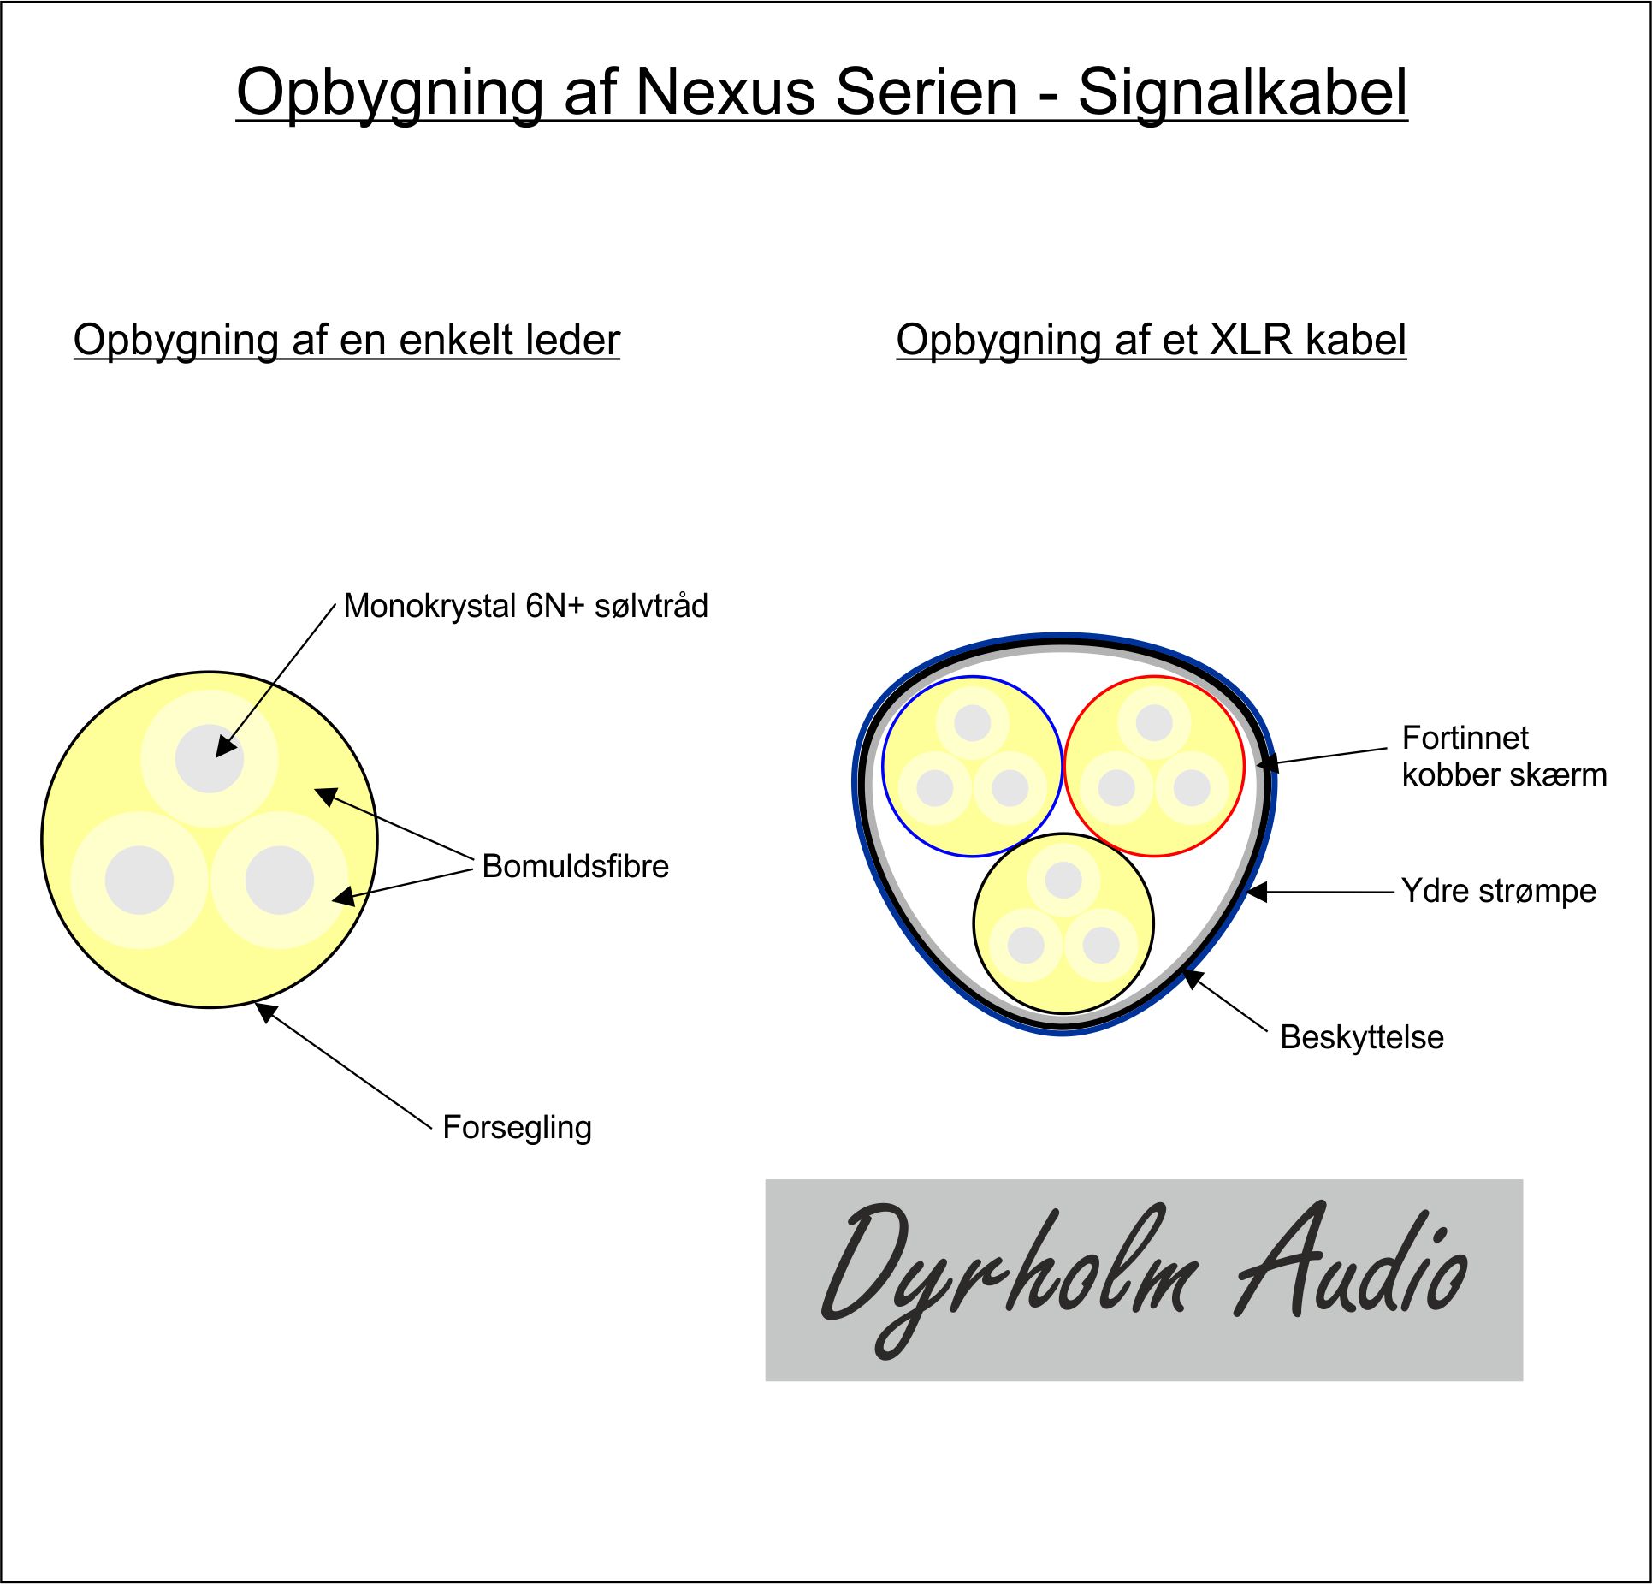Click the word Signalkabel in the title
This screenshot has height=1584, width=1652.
pos(1242,92)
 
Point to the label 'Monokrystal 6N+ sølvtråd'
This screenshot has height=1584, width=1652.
pos(525,606)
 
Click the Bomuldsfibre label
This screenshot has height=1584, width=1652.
pos(575,866)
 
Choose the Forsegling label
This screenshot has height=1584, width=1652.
pos(517,1128)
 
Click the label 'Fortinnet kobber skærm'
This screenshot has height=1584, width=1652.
pos(1504,756)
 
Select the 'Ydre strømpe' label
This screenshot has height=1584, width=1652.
pos(1498,891)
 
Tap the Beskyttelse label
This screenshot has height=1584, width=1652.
pos(1362,1037)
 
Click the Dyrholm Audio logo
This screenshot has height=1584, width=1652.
pos(1144,1280)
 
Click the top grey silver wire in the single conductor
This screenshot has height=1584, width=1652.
pos(210,758)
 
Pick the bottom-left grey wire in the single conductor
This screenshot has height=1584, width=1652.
pos(139,880)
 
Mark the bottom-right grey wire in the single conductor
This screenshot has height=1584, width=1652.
pos(280,880)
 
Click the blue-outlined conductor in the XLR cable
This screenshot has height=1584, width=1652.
pos(972,766)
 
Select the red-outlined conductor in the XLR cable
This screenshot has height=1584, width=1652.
pos(1154,766)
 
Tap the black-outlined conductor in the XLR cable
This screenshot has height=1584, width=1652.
pos(1063,923)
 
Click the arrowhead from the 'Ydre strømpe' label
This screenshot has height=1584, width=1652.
pos(1255,892)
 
